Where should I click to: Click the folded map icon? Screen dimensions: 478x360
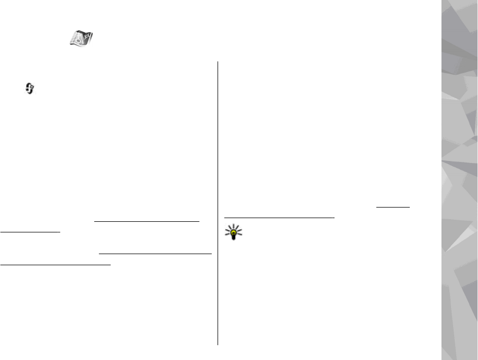pos(81,39)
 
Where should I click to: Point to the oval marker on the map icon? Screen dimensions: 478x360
pos(75,42)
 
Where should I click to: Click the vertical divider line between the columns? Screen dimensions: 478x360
pos(218,201)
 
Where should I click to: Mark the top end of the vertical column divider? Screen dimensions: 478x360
pos(218,61)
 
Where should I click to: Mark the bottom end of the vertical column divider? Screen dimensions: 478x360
pos(218,345)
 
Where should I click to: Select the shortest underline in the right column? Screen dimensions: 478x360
pos(393,208)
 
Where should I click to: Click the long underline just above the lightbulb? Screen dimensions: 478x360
pos(279,217)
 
